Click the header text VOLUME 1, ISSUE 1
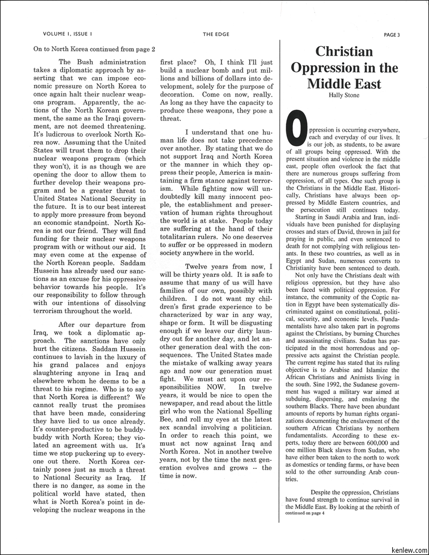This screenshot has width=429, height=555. tap(67, 34)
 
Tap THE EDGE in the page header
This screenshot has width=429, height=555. tap(216, 34)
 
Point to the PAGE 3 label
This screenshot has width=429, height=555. tap(391, 34)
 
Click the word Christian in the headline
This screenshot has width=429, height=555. tap(344, 52)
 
